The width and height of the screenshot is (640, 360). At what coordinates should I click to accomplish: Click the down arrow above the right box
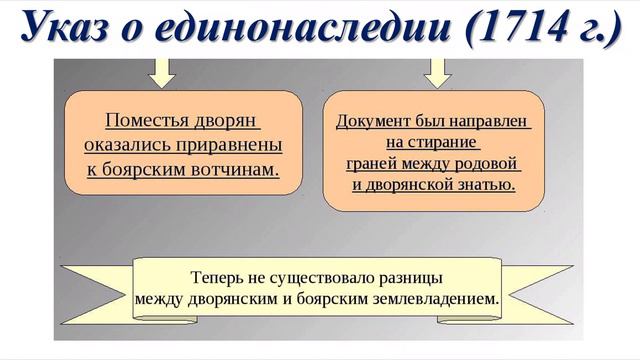point(438,71)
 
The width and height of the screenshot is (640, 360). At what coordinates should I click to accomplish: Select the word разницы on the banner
point(409,276)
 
